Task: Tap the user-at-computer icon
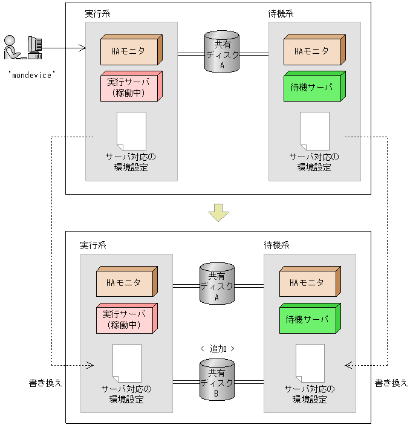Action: coord(23,48)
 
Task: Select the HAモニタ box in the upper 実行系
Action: coord(130,51)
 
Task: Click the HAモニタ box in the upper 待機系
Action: coord(313,51)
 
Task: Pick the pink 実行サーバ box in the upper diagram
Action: coord(130,86)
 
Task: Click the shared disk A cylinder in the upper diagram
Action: coord(222,53)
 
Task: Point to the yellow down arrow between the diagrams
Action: coord(218,212)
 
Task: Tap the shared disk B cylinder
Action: coord(217,379)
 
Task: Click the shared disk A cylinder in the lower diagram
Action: coord(217,282)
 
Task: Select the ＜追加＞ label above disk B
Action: coord(217,349)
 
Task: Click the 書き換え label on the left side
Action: coord(46,383)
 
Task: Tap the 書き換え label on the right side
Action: coord(391,383)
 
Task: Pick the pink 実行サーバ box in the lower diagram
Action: coord(126,319)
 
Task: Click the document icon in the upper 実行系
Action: coord(131,131)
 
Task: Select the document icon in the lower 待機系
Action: coord(310,363)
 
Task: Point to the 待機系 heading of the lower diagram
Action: coord(276,246)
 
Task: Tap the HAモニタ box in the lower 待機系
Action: coord(308,283)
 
